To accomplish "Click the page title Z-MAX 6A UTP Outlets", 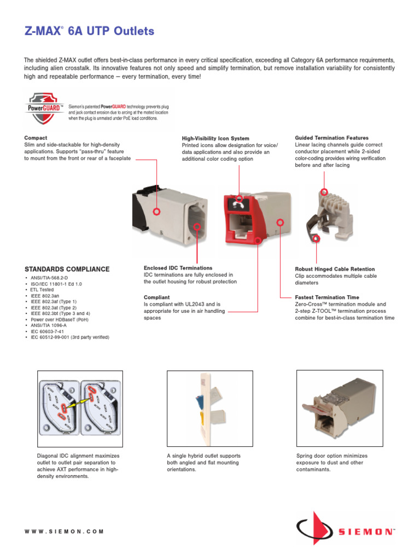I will pos(89,32).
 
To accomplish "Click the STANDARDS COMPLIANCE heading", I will pos(67,269).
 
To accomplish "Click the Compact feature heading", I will pos(36,138).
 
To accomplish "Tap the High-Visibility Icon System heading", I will pos(215,138).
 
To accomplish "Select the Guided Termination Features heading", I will pos(331,138).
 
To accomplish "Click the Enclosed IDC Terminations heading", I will pos(178,268).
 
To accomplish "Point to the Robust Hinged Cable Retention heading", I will pos(335,269).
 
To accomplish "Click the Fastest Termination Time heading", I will pos(327,297).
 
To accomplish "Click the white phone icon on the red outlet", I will pos(238,204).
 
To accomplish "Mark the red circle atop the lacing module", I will pos(324,191).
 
